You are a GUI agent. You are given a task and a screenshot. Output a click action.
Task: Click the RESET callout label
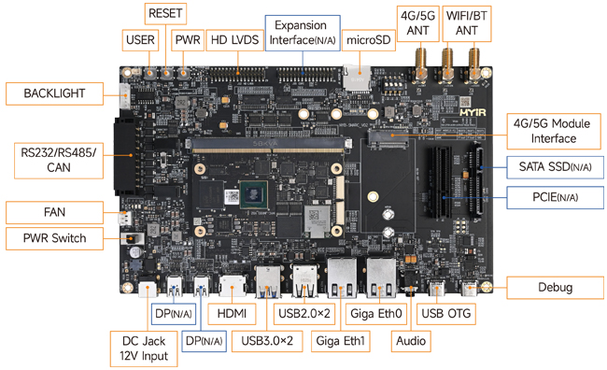165,14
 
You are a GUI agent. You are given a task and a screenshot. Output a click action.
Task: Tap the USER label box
140,40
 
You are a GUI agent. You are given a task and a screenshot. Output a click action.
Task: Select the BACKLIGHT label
54,93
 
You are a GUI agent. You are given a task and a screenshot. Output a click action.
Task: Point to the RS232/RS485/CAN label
59,161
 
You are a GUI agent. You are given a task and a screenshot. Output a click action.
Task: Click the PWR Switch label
54,238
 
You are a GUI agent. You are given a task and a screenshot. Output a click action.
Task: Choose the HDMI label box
232,313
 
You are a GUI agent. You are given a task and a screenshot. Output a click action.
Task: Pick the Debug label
555,288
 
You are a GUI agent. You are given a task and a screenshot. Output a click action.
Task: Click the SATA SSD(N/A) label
555,167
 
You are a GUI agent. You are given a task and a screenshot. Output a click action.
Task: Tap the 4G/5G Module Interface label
554,132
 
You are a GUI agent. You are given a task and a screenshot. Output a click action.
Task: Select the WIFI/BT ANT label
467,23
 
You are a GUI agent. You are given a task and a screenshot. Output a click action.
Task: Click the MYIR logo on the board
473,112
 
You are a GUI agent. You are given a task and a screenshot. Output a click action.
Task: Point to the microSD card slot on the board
357,78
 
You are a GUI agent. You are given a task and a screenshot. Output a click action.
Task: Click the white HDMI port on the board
233,287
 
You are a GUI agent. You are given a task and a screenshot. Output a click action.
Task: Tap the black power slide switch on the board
133,238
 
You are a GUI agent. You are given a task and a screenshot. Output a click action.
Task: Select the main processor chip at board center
254,194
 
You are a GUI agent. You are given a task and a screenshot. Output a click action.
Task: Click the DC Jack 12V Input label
144,349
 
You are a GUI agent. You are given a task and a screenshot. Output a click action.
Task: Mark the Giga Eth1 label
341,341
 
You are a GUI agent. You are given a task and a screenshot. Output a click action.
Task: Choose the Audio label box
411,341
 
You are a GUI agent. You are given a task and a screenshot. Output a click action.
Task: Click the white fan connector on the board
124,218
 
